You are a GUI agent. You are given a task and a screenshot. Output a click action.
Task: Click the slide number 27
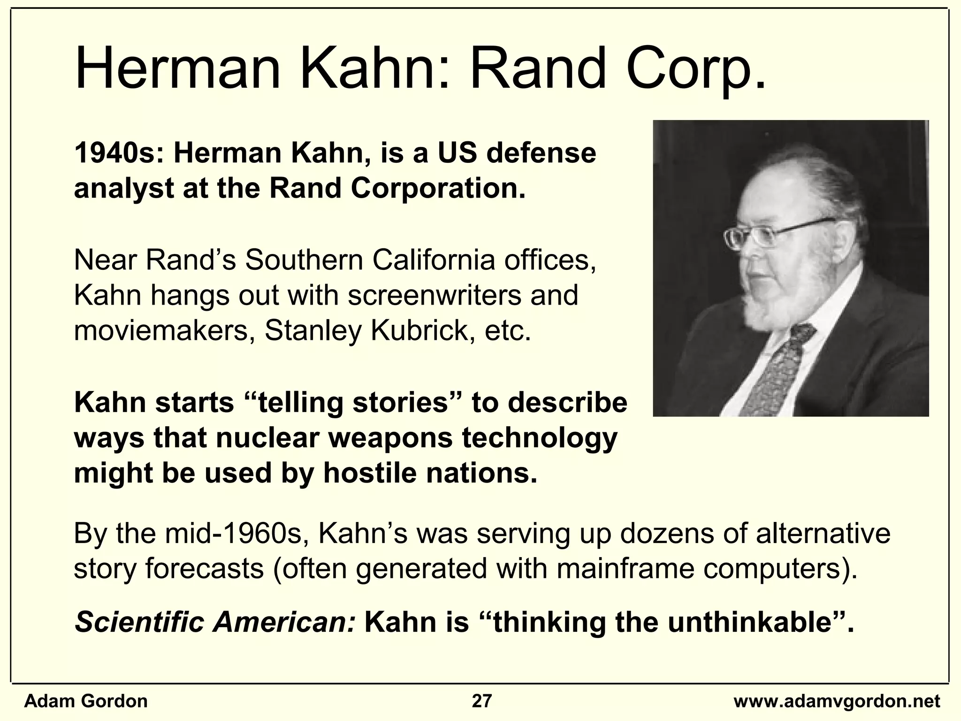coord(481,701)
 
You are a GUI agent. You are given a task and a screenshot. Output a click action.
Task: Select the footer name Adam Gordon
coord(86,701)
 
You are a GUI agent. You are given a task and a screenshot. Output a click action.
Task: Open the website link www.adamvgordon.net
coord(837,701)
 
